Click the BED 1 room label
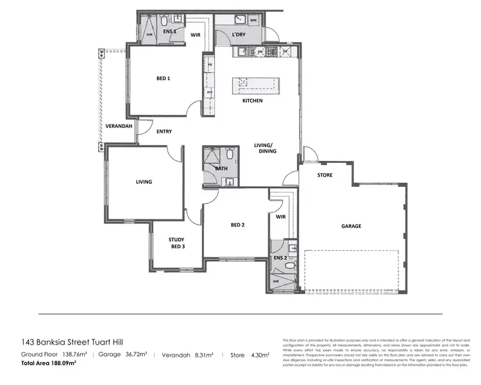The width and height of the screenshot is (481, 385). (x=163, y=79)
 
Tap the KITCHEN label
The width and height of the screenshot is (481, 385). (x=252, y=101)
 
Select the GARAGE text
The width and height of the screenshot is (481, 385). (x=351, y=226)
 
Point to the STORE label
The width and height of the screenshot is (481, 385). (x=325, y=175)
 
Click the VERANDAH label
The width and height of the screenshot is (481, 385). (x=119, y=126)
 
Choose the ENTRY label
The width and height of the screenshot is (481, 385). (x=164, y=132)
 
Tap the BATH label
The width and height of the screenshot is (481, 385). (x=221, y=169)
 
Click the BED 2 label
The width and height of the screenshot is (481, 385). (x=238, y=225)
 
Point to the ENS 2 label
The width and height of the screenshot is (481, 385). (x=280, y=257)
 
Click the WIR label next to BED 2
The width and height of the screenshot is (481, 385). (x=280, y=217)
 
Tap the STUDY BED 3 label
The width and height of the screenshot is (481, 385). (x=176, y=243)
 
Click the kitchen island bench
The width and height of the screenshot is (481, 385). (x=256, y=85)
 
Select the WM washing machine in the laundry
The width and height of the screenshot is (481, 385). (x=253, y=21)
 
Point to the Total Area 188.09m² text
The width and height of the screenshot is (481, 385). (x=49, y=363)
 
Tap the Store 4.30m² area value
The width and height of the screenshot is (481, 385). (x=246, y=354)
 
